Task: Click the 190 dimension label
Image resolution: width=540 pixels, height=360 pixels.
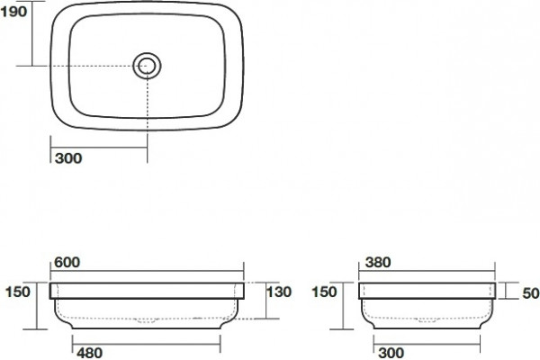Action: tap(13, 12)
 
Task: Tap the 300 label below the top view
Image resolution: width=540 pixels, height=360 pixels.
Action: tap(68, 158)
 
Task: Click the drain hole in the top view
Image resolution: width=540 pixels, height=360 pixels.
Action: tap(147, 66)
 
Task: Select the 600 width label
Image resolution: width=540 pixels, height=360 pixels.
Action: tap(67, 263)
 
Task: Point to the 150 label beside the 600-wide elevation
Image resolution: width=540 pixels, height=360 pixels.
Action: tap(18, 292)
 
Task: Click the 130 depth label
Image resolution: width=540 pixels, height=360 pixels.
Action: tap(279, 292)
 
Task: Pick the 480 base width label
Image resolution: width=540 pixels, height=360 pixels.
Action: tap(89, 353)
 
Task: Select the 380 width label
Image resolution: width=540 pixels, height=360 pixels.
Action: tap(378, 263)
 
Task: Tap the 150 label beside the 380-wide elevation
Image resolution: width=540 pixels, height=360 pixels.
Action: tap(324, 292)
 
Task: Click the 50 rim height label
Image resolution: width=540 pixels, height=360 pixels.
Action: tap(531, 293)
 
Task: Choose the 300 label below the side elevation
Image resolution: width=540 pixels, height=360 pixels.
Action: tap(391, 353)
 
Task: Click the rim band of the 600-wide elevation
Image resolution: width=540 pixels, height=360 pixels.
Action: tap(147, 291)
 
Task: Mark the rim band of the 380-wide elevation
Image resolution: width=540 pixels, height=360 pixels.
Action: tap(427, 291)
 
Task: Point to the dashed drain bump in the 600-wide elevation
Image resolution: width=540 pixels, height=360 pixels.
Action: tap(147, 320)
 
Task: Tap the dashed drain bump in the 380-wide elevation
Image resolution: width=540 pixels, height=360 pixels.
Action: tap(427, 320)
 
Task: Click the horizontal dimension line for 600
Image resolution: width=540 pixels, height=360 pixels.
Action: tap(147, 271)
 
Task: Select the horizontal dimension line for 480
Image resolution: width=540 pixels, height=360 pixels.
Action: tap(147, 344)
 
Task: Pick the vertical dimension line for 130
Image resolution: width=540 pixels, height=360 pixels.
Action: tap(265, 301)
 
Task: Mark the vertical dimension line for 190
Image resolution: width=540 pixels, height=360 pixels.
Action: tap(32, 33)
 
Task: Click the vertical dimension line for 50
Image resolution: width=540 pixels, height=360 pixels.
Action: tap(506, 291)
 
